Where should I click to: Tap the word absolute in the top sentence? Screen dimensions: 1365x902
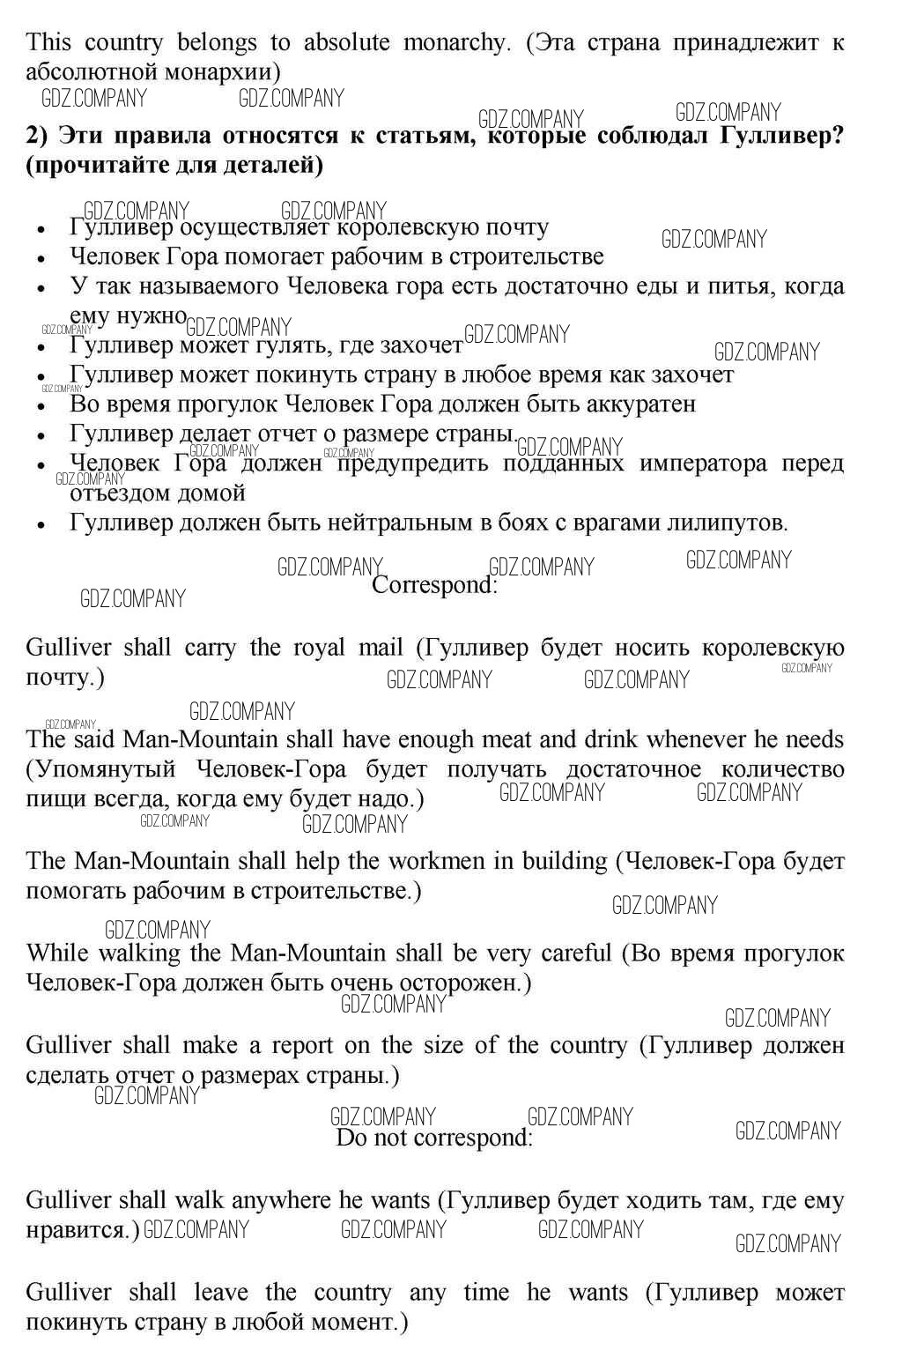[346, 42]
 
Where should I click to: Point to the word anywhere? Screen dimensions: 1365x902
[278, 1200]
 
